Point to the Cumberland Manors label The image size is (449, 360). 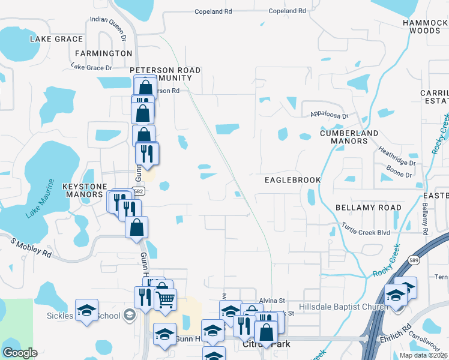[349, 137]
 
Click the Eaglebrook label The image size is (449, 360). [293, 180]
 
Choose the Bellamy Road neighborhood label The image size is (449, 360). [368, 208]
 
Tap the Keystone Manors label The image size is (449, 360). [83, 190]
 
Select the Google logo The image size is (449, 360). [20, 353]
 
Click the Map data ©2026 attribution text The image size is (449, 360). [423, 355]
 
